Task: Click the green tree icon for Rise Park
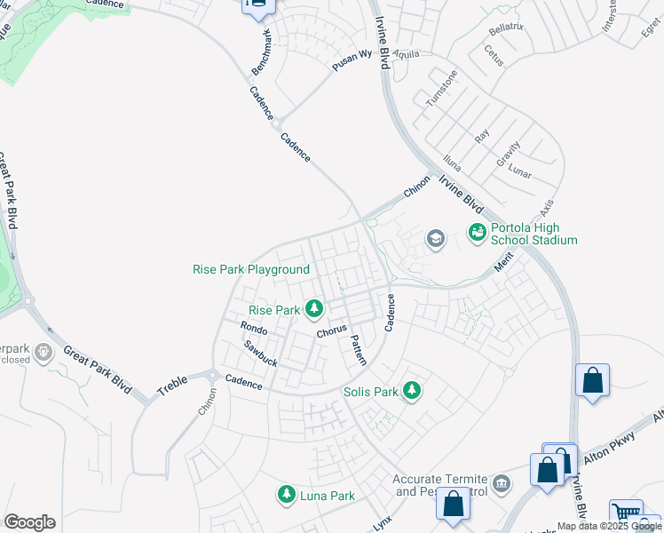[313, 309]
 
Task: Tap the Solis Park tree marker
[411, 390]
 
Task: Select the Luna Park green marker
[286, 494]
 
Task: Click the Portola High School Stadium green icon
[478, 232]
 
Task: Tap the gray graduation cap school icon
[435, 238]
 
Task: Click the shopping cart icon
[627, 512]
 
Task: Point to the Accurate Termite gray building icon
[502, 483]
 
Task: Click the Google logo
[29, 521]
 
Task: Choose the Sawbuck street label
[261, 355]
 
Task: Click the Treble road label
[174, 385]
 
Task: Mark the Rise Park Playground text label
[251, 269]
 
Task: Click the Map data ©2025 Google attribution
[608, 526]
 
